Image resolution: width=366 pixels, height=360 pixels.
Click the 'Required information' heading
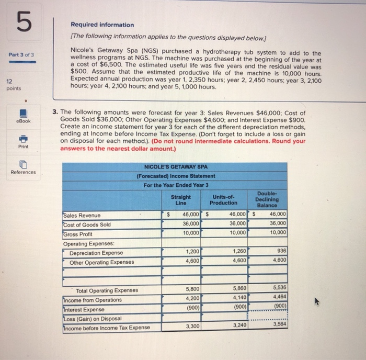102,25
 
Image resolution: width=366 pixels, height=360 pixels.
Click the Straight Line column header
180,199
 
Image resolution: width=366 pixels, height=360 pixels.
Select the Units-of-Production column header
224,199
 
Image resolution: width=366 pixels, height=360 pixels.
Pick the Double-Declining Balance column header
268,199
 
